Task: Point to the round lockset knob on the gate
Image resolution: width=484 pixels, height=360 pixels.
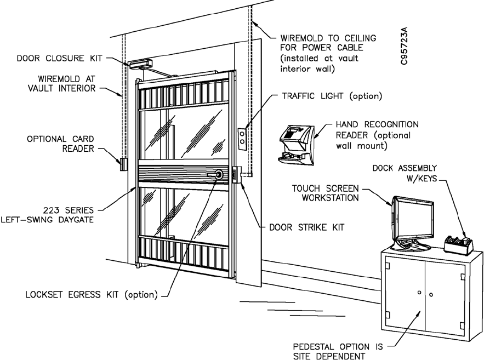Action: tap(219, 175)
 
